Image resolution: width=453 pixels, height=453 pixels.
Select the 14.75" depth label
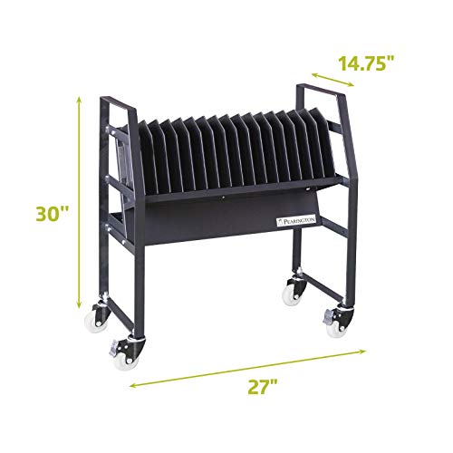[373, 63]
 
